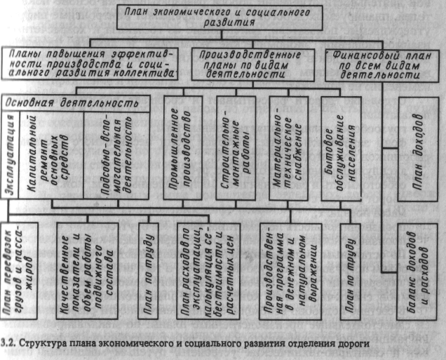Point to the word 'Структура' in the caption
pyautogui.click(x=39, y=344)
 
